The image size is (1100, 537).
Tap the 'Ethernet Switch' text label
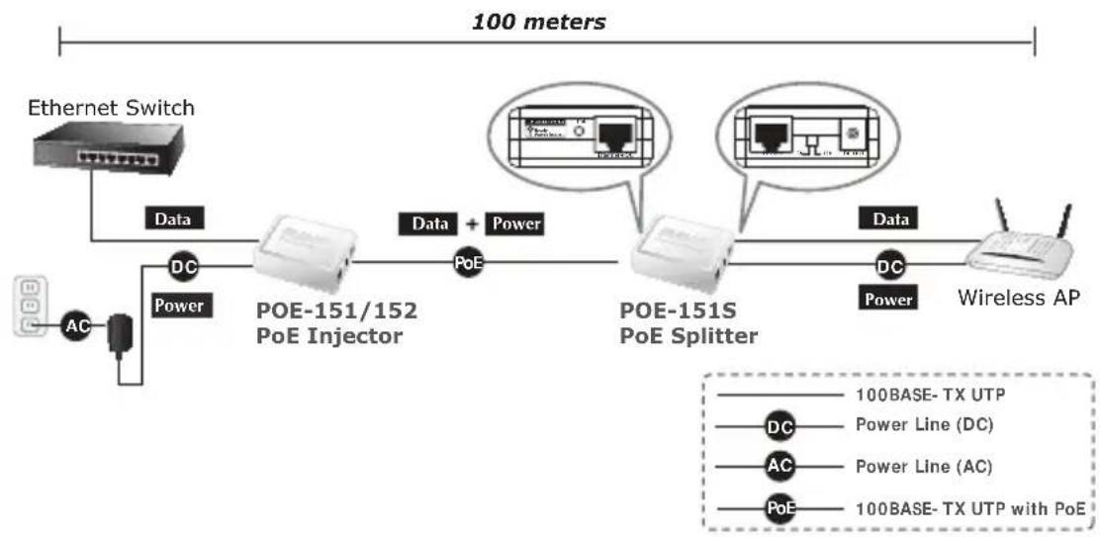[111, 107]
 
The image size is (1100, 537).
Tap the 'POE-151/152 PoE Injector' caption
[337, 323]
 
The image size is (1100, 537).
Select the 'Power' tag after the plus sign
[517, 224]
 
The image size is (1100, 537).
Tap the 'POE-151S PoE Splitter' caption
[688, 323]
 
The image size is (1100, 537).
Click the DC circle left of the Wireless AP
[890, 266]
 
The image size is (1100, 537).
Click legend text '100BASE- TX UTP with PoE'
[968, 507]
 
